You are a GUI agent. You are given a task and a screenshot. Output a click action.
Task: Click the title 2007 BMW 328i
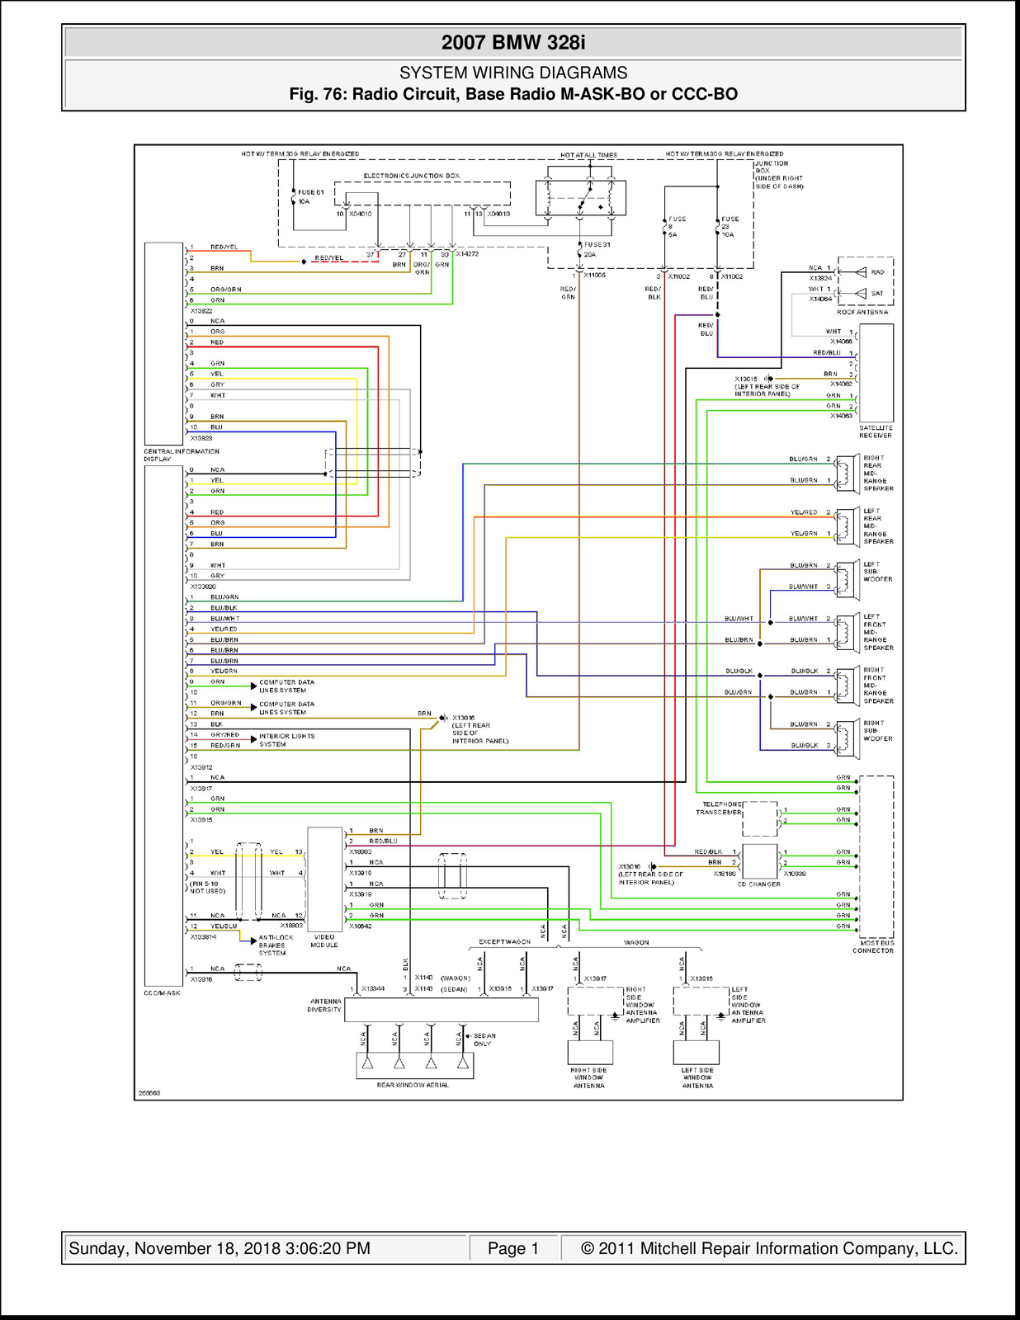512,43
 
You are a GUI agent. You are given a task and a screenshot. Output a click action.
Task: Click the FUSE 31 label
597,245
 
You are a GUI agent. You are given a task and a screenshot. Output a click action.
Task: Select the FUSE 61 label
311,192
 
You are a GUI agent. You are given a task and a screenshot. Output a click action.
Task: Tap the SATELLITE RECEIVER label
876,431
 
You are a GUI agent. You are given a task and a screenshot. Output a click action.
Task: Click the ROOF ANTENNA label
862,312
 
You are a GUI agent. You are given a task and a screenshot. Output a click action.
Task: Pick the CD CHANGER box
759,860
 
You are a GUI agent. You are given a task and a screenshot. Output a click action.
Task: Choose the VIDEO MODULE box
324,879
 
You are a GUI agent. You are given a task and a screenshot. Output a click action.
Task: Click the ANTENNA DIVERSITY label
324,1005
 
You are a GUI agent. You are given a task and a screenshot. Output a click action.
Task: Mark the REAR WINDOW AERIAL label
413,1085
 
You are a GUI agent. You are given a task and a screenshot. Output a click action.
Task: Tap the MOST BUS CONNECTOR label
873,946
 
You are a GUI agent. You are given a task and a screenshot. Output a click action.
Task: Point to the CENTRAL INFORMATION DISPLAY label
181,455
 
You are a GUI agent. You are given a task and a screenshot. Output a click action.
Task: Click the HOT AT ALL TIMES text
588,155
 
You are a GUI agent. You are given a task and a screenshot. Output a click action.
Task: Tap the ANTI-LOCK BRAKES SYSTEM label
276,945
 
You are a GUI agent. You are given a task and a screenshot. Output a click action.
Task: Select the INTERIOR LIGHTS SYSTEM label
286,740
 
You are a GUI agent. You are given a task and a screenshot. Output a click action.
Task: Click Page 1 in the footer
512,1248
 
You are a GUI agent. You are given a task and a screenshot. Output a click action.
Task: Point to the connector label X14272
467,254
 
